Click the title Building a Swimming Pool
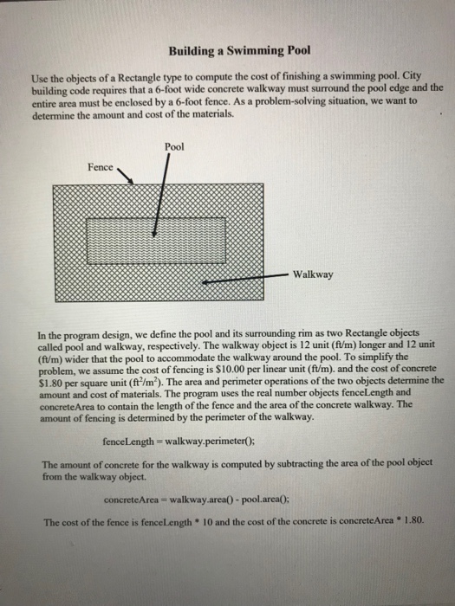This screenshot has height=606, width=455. coord(228,50)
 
